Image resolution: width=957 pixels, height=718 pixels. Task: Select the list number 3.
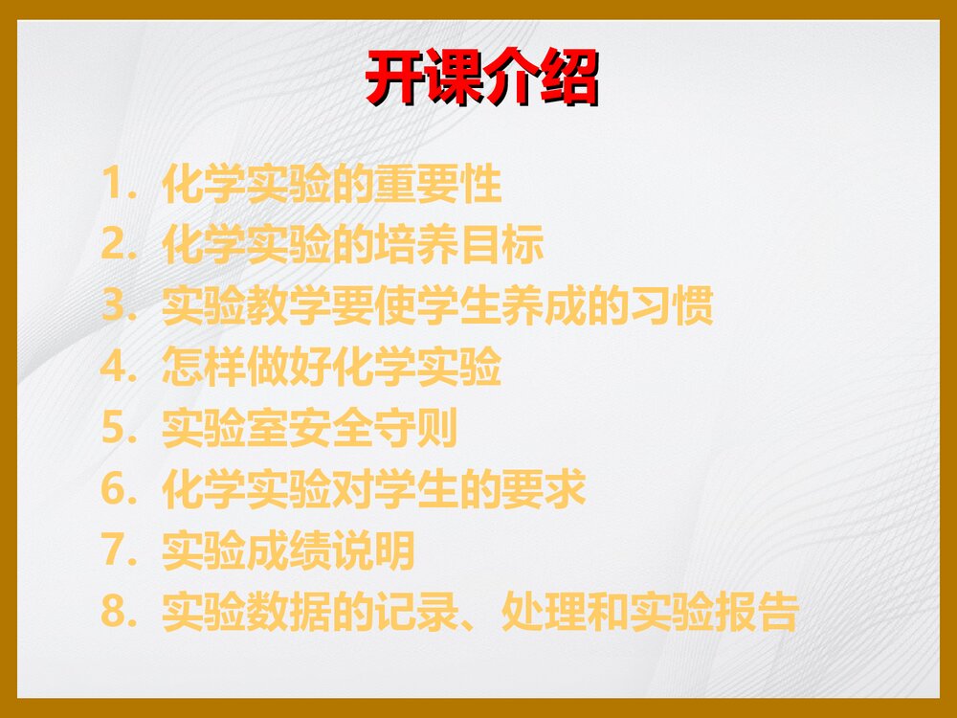pos(114,308)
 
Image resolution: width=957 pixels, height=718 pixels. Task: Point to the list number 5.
pos(114,430)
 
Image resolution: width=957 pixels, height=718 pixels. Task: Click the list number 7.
pos(114,551)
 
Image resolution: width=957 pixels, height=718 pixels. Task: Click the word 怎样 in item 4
pos(204,369)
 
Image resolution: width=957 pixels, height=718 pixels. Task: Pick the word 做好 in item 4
pos(289,369)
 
